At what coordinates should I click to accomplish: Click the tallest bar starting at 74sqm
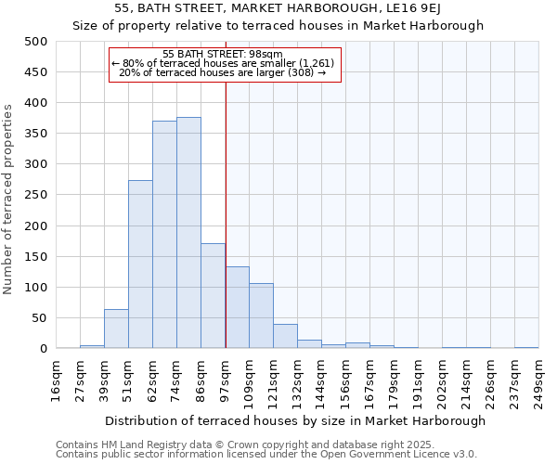[x=188, y=233]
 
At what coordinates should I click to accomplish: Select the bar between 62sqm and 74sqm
[x=164, y=235]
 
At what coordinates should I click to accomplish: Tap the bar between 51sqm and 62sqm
[x=140, y=264]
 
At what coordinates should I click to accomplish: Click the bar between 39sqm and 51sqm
[x=116, y=329]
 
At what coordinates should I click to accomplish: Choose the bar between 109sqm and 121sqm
[x=261, y=316]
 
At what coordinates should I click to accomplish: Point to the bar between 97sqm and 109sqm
[x=237, y=307]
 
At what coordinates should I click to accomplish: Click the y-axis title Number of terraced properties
[x=8, y=200]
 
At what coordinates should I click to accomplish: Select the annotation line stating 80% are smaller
[x=226, y=63]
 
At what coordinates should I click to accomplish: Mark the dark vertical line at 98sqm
[x=226, y=213]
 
